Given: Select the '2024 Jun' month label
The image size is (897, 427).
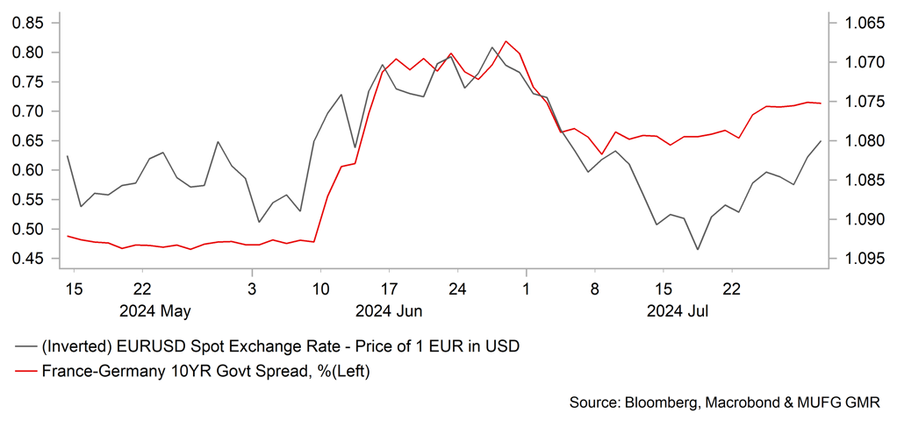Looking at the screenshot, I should (x=388, y=310).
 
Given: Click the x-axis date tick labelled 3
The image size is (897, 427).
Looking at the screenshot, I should (x=252, y=288).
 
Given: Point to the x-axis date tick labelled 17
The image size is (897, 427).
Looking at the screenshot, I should (x=388, y=288).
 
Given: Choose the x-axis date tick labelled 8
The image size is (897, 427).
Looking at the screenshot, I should (x=594, y=288).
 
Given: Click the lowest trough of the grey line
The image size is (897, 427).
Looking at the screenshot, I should (x=698, y=250).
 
